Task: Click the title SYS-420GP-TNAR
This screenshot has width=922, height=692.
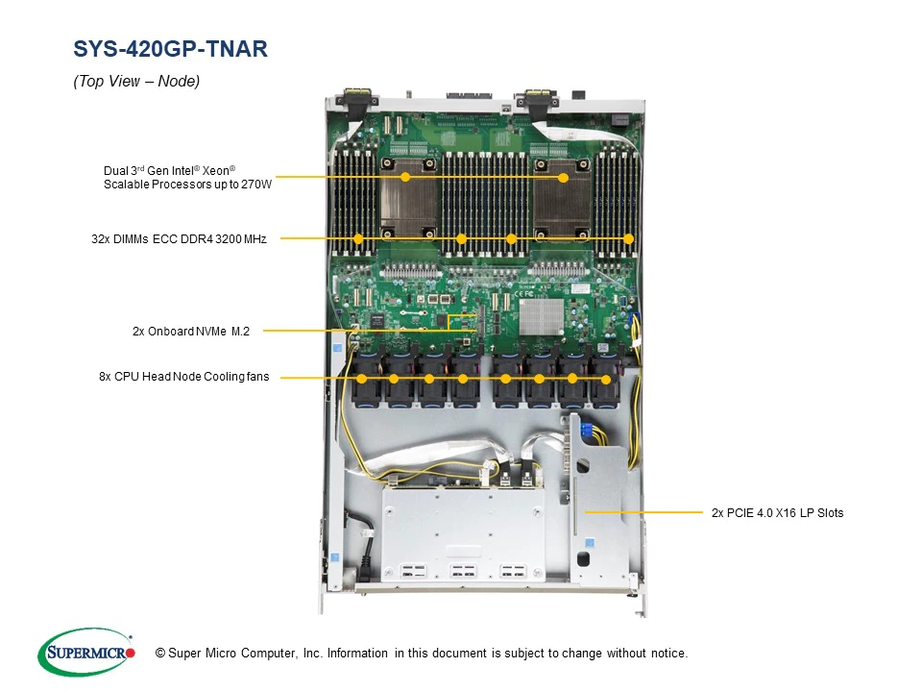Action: (x=171, y=49)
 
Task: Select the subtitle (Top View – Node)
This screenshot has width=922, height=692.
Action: (x=136, y=81)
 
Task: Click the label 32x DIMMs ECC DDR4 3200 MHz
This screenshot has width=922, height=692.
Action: (x=179, y=239)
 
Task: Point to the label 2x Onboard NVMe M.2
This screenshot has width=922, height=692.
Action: (x=191, y=332)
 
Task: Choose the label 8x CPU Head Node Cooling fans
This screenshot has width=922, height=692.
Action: (x=184, y=377)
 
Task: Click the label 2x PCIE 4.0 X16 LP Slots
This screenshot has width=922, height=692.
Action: (x=777, y=513)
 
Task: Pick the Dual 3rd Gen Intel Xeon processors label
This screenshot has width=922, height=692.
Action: (x=187, y=177)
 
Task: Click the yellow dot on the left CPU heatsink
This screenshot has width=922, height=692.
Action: (x=405, y=177)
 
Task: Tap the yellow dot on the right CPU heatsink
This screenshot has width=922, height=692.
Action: (x=564, y=177)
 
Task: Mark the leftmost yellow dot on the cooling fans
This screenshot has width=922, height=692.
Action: (x=362, y=379)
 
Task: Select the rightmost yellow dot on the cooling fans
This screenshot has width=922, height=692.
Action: (x=606, y=380)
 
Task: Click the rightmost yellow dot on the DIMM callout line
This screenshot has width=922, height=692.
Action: (x=628, y=238)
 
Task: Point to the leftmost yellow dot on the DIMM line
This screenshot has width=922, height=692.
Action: (x=358, y=238)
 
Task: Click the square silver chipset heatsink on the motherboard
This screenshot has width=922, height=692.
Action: (x=542, y=317)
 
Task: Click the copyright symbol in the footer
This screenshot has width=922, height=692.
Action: (x=160, y=654)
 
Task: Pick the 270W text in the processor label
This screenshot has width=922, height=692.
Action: (x=256, y=185)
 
